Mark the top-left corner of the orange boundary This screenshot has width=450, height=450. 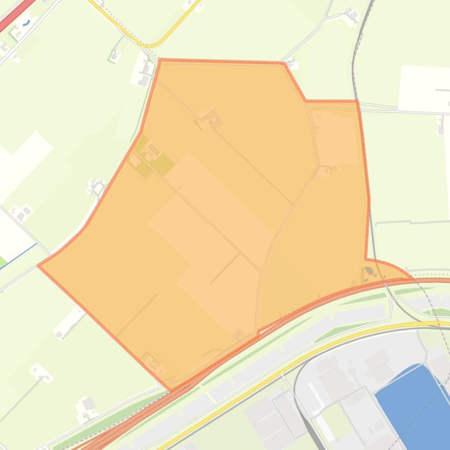160,60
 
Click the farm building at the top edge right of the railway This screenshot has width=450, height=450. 352,15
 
